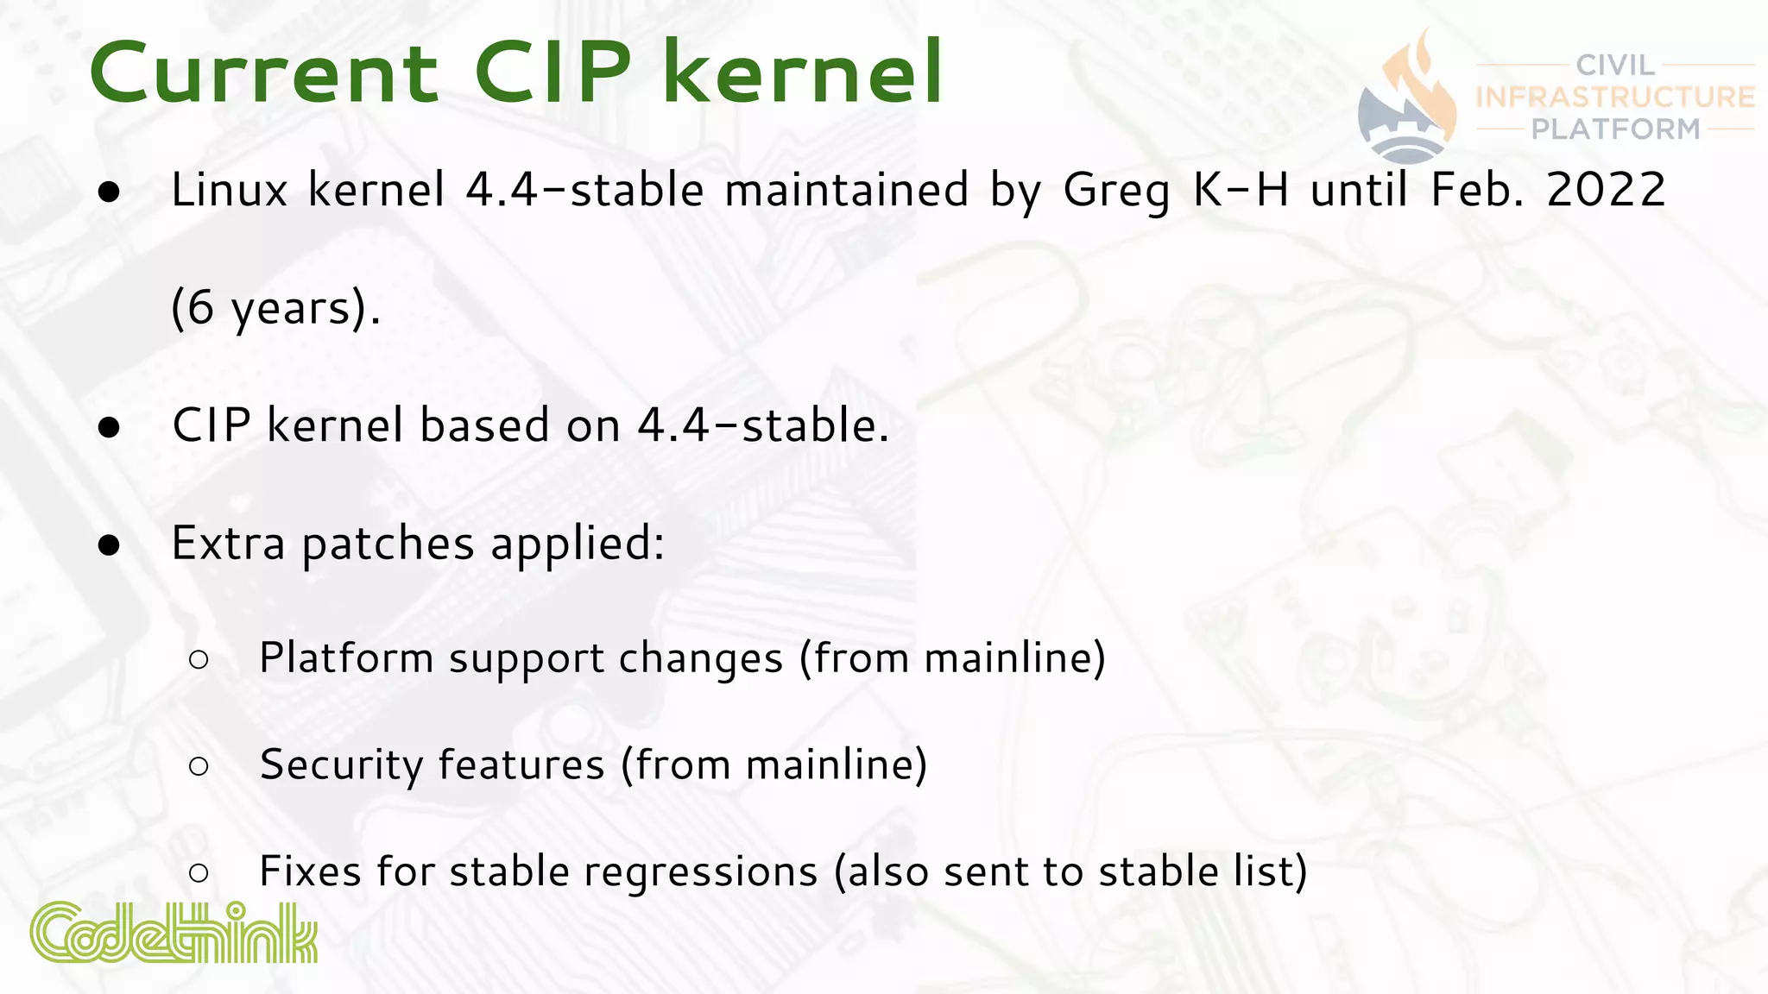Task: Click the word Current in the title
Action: click(263, 74)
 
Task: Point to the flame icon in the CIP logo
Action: click(1416, 86)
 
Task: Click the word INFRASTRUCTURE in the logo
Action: click(1615, 97)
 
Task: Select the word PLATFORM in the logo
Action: click(1615, 129)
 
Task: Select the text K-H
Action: click(1241, 190)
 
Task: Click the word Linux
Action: click(229, 190)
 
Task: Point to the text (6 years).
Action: click(275, 309)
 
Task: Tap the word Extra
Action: click(228, 544)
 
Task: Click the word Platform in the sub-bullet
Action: click(345, 658)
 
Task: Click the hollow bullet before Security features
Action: click(199, 766)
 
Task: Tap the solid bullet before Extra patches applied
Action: click(109, 545)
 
